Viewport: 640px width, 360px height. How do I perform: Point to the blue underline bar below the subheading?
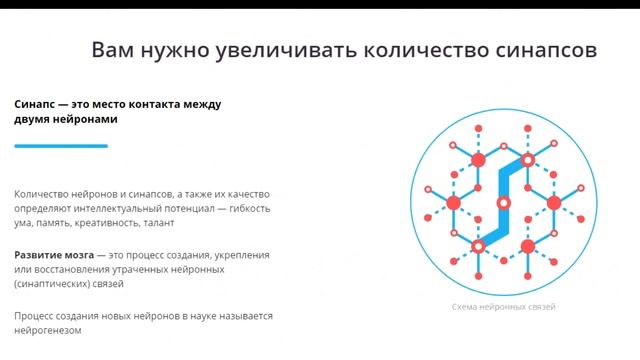(x=61, y=146)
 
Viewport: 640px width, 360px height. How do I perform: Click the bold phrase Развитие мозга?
(x=54, y=255)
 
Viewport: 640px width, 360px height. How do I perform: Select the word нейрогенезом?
(x=47, y=330)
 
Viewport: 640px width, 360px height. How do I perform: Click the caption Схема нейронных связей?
(x=504, y=306)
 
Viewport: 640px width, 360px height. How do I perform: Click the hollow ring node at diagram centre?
(x=504, y=203)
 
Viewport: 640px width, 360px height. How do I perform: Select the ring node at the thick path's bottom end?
(x=479, y=246)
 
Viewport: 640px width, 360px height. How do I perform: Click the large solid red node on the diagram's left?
(x=453, y=203)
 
